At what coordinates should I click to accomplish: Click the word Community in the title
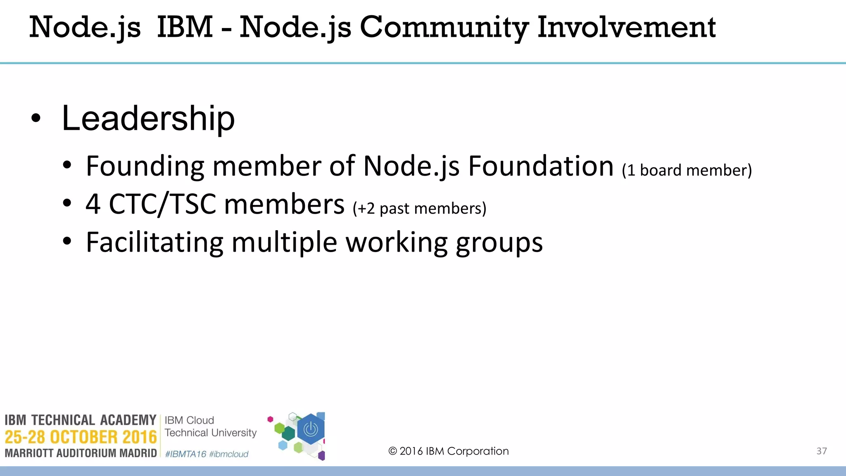[444, 27]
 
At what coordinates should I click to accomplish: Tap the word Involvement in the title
[626, 27]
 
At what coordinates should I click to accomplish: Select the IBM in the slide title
[185, 27]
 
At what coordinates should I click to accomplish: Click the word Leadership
[148, 119]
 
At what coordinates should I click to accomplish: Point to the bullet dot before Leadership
[36, 119]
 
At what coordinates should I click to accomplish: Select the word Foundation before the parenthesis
[541, 166]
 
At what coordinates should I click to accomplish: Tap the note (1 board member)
[687, 170]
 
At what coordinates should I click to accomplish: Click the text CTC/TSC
[162, 204]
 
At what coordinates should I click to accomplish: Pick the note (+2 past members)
[419, 208]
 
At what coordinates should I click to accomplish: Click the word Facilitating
[154, 242]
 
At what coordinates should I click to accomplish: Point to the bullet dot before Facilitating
[67, 241]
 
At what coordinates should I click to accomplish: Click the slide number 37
[822, 451]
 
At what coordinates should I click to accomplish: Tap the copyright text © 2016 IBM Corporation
[448, 451]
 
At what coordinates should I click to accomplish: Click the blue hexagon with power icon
[311, 430]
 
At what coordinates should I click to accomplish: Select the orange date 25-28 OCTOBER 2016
[81, 437]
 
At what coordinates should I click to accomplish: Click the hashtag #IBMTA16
[185, 454]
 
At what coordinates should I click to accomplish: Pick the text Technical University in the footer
[211, 433]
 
